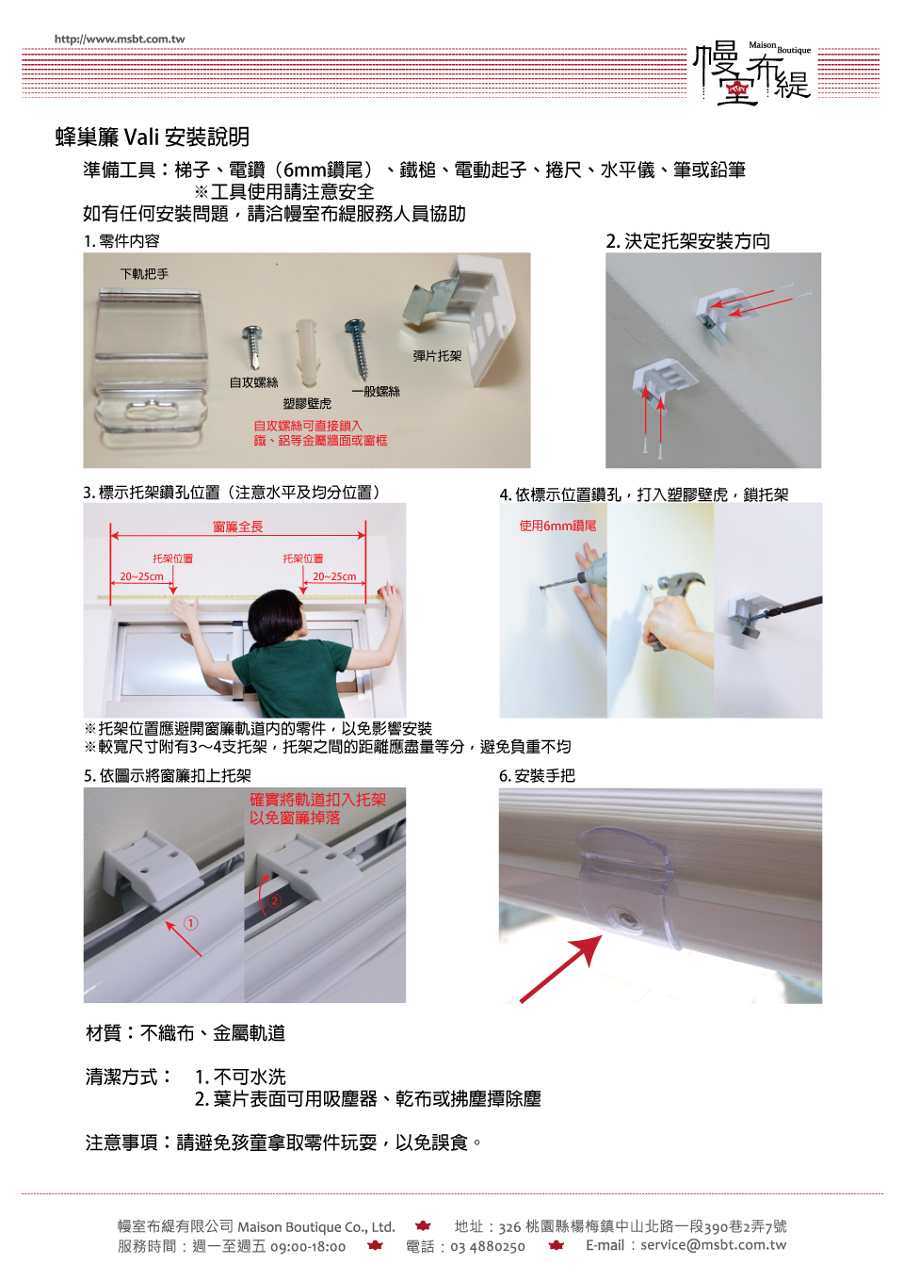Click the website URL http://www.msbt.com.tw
coord(120,40)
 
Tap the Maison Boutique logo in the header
coord(752,73)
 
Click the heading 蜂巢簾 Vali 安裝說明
coord(153,138)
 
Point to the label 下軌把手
coord(145,274)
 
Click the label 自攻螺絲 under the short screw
coord(253,382)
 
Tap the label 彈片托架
coord(437,356)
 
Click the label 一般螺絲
coord(376,392)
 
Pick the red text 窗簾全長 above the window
coord(237,527)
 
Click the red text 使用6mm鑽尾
coord(557,526)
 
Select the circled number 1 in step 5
coord(190,923)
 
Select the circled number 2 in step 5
coord(275,901)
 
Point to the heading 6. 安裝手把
coord(537,776)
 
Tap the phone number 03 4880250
coord(488,1246)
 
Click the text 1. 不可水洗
coord(240,1077)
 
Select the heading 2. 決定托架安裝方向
coord(688,241)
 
